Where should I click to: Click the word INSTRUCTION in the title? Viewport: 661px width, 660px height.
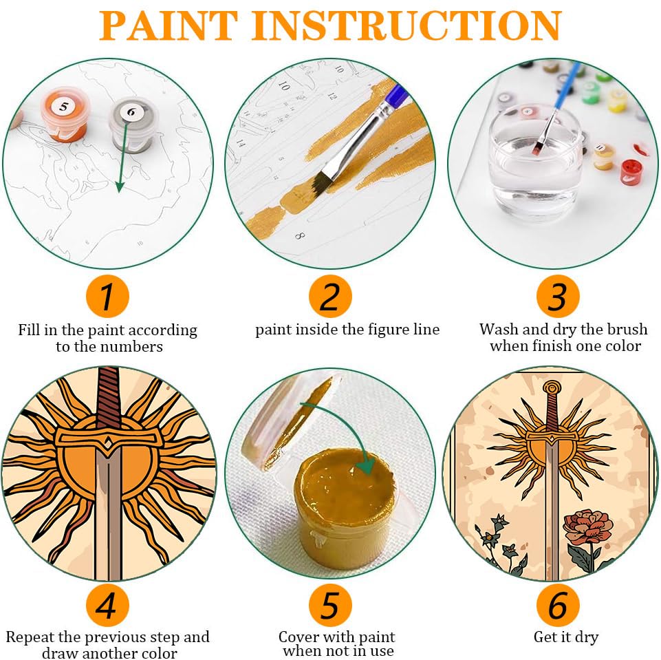pos(410,25)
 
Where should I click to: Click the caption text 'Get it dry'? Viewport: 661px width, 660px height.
pos(565,637)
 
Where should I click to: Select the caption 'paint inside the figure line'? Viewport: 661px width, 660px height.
pos(347,330)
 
